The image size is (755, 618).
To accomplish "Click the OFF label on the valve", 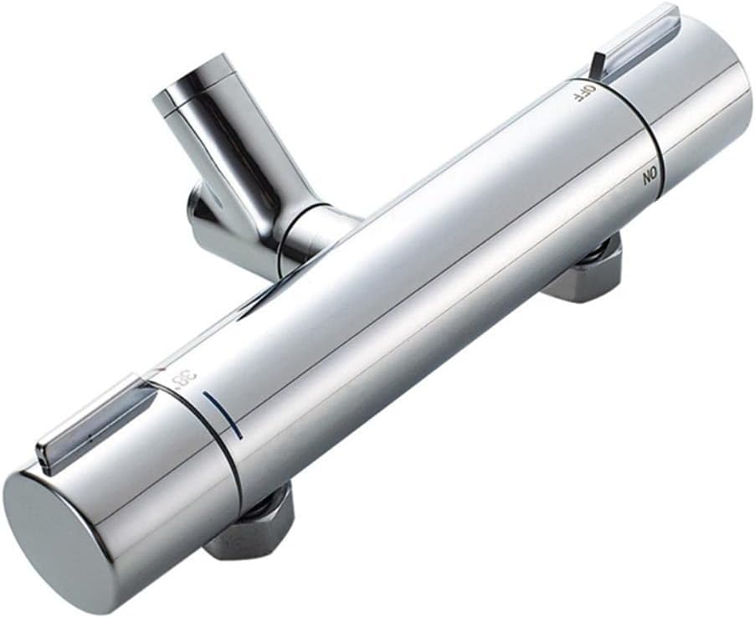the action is pos(583,92).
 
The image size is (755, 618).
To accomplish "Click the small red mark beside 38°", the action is pos(161,370).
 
